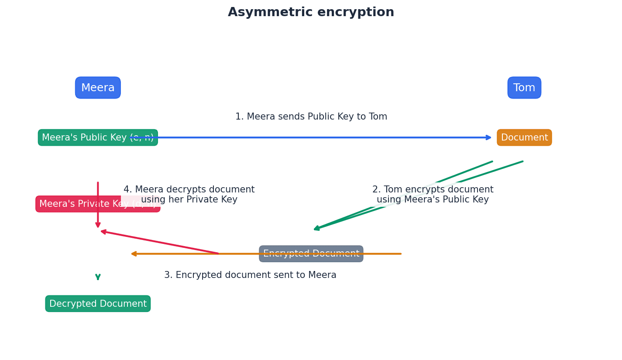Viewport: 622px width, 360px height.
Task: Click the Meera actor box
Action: [98, 88]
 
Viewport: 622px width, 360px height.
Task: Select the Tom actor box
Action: [524, 88]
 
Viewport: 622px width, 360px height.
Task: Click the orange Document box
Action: [524, 137]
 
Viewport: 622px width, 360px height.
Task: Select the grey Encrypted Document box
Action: [311, 254]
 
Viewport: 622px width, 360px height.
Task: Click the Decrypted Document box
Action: [98, 304]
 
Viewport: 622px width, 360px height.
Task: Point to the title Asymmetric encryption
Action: [311, 12]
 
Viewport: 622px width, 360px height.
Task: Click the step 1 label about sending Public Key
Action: [311, 117]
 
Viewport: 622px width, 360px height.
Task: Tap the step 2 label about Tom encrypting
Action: [433, 195]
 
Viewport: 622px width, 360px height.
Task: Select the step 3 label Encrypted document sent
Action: [250, 275]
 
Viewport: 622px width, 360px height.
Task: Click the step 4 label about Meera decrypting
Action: [189, 195]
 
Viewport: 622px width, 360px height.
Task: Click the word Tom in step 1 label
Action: [378, 117]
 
